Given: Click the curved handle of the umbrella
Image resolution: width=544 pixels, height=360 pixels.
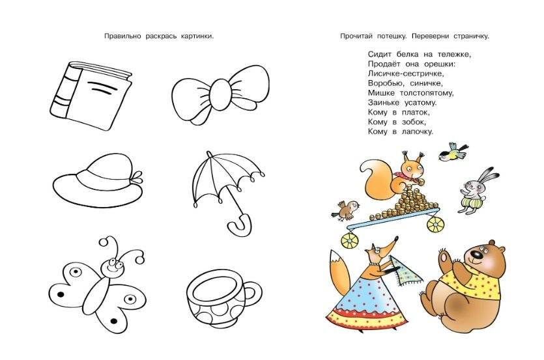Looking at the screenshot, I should [238, 225].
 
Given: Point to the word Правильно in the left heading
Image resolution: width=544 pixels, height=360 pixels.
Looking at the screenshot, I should [121, 36].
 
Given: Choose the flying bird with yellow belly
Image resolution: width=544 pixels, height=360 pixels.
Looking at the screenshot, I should [452, 154].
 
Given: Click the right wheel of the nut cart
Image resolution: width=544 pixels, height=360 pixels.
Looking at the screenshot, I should [435, 224].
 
